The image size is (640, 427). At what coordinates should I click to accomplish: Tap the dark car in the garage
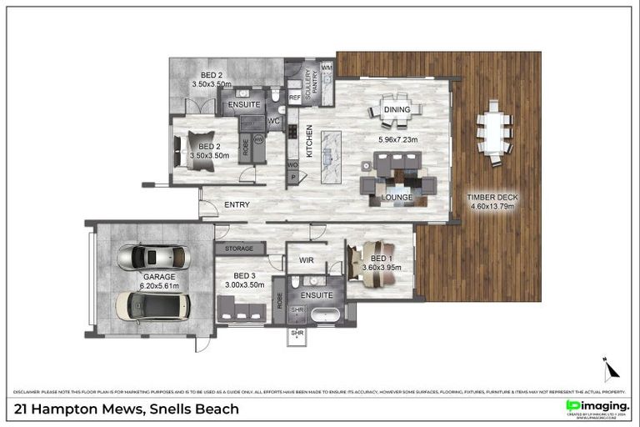152,309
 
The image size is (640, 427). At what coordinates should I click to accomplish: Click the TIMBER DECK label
494,198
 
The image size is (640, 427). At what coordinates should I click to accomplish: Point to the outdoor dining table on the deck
494,131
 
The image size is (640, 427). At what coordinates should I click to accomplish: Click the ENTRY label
237,204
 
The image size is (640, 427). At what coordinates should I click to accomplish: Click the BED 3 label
243,276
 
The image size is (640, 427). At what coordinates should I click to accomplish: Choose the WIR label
306,260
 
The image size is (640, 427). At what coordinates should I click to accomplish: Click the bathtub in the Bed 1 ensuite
323,316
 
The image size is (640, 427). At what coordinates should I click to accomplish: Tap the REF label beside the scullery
293,98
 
